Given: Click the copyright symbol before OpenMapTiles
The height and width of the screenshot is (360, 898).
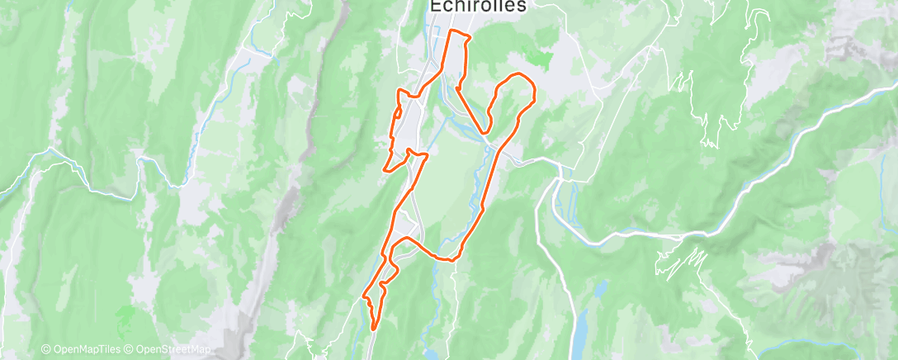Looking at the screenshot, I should point(45,349).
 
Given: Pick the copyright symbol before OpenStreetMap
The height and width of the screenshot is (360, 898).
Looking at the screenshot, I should point(130,349).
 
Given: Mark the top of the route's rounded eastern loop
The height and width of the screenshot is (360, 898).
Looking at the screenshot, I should point(518,75).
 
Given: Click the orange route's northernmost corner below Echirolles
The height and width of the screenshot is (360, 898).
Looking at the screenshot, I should point(451,31).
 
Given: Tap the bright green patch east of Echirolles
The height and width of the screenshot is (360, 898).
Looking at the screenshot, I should point(541,58).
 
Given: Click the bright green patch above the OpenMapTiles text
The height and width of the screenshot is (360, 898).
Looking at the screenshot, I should point(125,315).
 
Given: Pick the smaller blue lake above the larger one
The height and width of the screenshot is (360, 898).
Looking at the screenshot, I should point(600,289).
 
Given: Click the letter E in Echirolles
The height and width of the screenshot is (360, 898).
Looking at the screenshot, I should point(435,6).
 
